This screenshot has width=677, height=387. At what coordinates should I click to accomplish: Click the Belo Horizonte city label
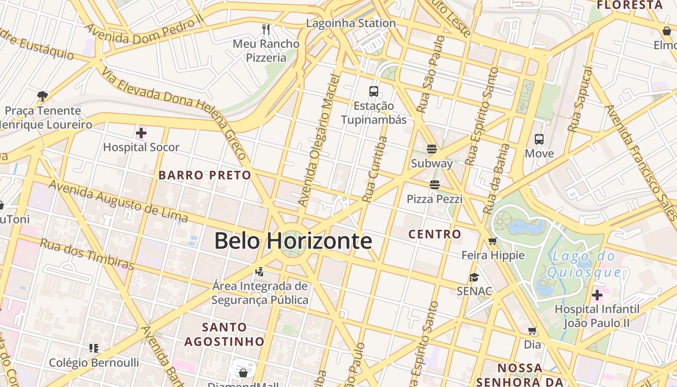coord(293,241)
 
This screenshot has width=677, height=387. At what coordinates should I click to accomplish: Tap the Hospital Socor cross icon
coord(141,133)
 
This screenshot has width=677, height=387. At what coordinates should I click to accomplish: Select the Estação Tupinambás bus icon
coord(374,91)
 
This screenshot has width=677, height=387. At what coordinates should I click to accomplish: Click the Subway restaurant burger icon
coord(432,149)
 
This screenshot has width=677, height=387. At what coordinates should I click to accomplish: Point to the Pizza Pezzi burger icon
coord(434,184)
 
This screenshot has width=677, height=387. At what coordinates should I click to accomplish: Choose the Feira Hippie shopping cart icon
coord(493,241)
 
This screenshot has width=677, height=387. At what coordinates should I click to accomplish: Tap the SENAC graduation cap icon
coord(474,277)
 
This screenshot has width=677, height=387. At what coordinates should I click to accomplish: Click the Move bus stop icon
coord(539,139)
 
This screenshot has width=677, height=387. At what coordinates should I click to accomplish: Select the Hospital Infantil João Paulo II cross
coord(597,295)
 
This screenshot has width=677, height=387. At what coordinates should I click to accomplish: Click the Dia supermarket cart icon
coord(532,331)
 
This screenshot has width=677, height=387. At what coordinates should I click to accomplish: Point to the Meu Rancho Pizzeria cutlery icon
coord(265,30)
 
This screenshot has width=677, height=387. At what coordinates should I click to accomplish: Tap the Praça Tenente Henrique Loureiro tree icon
coord(43,96)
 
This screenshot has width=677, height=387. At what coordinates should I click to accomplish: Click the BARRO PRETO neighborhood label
coord(205,175)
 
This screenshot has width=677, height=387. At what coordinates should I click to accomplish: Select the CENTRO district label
coord(435,234)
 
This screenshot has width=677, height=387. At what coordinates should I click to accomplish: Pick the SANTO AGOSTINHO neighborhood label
coord(224,334)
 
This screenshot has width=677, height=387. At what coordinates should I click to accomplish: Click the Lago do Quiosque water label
coord(584,264)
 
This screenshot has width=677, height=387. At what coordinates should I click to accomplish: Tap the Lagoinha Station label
coord(351,23)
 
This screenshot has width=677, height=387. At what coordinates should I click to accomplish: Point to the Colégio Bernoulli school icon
coord(94,348)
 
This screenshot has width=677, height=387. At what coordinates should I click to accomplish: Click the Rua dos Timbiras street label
coord(87,253)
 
